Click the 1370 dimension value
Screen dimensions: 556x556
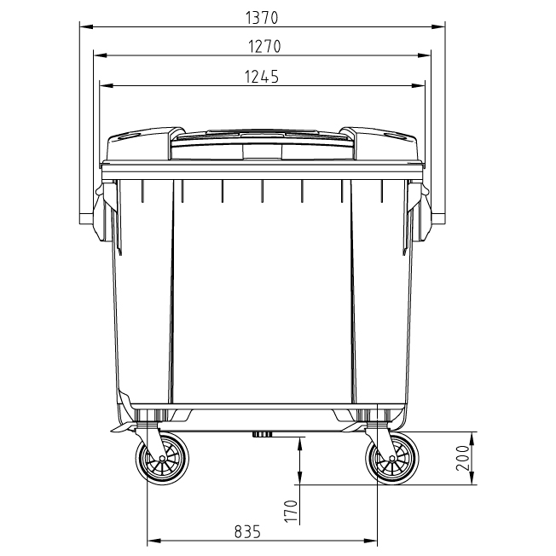pyautogui.click(x=261, y=17)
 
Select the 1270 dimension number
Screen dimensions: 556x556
pyautogui.click(x=261, y=46)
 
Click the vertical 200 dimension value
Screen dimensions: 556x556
pyautogui.click(x=460, y=459)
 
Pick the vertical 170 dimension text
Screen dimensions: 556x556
pyautogui.click(x=291, y=510)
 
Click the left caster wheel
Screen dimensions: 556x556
pyautogui.click(x=161, y=461)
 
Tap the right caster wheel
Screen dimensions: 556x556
pyautogui.click(x=391, y=461)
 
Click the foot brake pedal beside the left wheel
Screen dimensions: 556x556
pyautogui.click(x=119, y=426)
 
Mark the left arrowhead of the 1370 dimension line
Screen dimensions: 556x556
pyautogui.click(x=83, y=26)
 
